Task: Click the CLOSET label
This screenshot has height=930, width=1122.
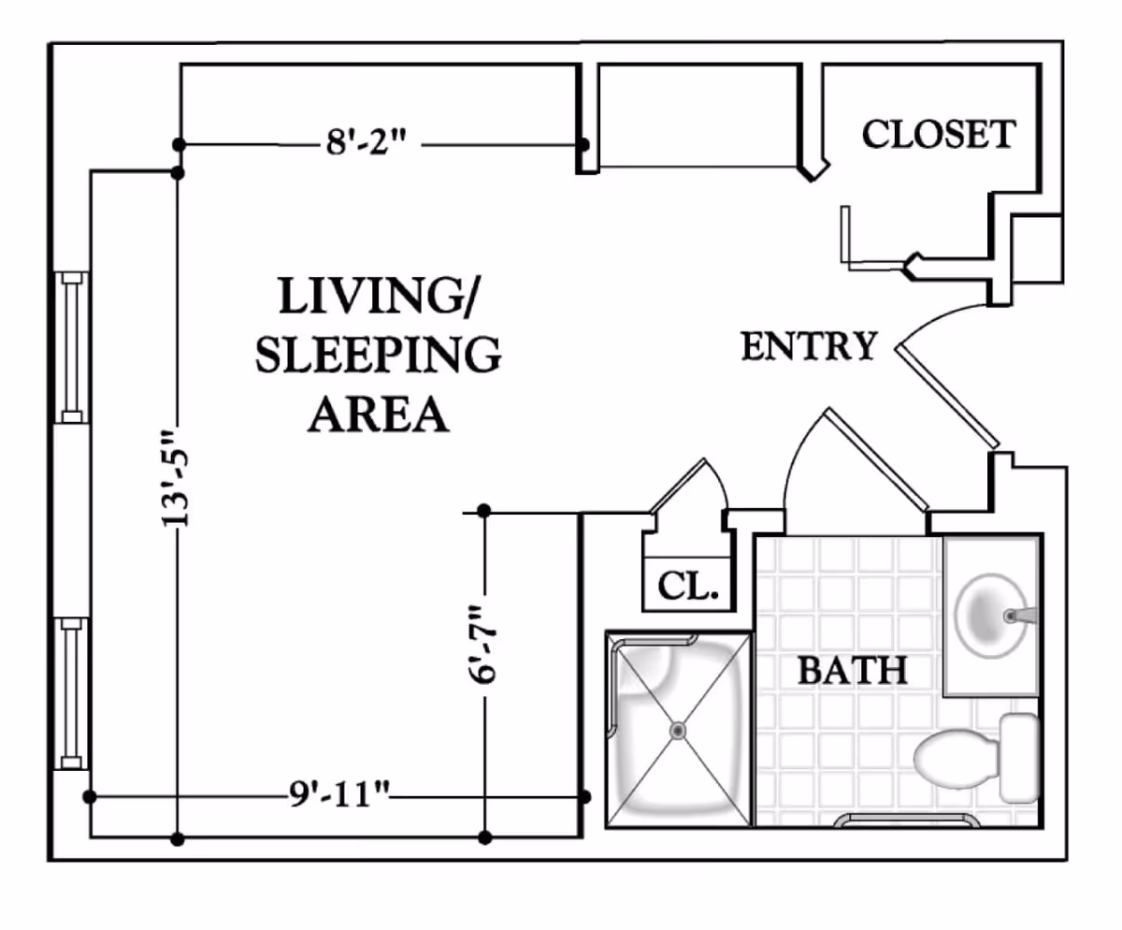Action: [938, 134]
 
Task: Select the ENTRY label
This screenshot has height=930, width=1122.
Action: [810, 346]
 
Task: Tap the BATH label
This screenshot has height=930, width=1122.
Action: [852, 670]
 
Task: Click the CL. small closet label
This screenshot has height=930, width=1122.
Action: [687, 587]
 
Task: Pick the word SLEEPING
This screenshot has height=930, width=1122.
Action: [378, 356]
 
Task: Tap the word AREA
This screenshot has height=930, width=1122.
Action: [378, 414]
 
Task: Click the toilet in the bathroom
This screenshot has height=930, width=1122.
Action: [972, 758]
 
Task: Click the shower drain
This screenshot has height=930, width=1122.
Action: [678, 729]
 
